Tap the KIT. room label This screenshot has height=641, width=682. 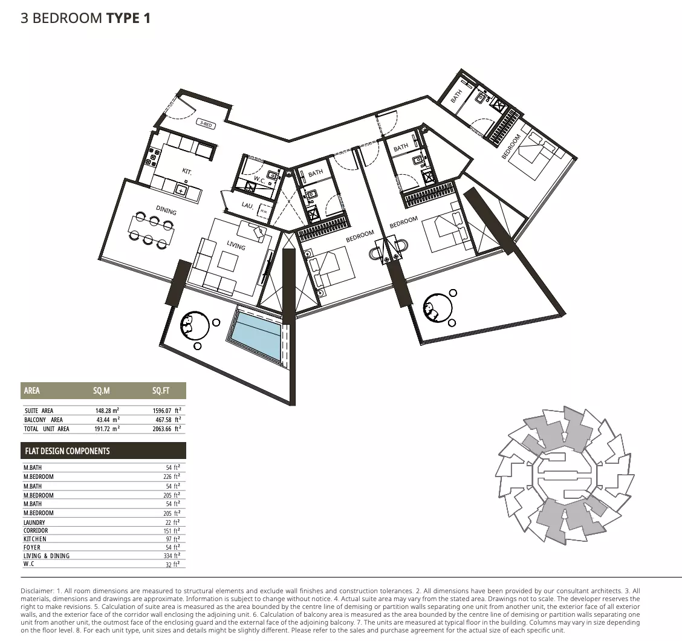coord(187,171)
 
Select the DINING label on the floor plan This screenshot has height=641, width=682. coord(166,210)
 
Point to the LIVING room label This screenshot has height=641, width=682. coord(236,246)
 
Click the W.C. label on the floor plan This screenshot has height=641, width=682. coord(259,179)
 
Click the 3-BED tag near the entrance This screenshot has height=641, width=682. coord(206,124)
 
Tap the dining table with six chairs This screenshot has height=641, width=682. coord(151,230)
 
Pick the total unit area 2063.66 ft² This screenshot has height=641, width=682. coord(167,429)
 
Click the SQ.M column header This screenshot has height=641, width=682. coord(102,391)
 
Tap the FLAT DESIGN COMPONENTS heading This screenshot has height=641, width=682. coord(68,451)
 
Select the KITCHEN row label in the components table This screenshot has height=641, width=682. coord(35,539)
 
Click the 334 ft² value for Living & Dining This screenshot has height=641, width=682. coord(172,556)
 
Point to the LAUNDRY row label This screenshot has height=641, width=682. coord(34,522)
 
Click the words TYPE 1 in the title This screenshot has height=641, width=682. coord(128,18)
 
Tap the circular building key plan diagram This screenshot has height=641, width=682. coord(565,476)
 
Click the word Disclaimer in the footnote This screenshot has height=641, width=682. coord(37,591)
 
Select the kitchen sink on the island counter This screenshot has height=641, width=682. coord(181,190)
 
